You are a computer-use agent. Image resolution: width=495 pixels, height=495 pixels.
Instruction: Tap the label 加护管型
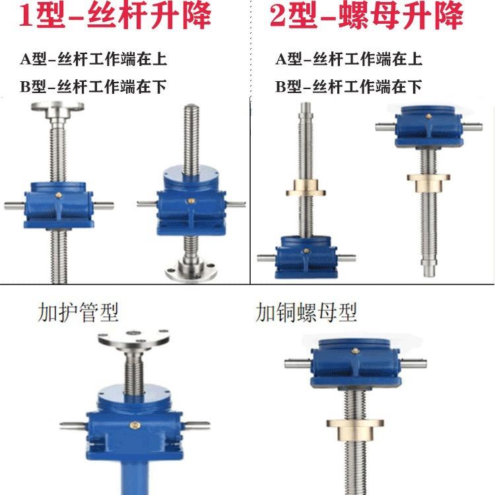79,312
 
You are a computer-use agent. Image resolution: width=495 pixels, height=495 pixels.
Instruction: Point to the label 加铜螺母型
306,312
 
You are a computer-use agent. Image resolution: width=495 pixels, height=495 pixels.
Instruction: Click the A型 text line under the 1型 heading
92,59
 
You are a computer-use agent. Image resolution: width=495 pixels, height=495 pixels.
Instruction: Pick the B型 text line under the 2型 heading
348,86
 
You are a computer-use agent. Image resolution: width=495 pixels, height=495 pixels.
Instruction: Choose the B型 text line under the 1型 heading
92,86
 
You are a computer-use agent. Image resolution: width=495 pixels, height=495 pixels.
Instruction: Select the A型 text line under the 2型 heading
348,59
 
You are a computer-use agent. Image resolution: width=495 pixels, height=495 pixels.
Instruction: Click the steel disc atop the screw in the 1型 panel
63,110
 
